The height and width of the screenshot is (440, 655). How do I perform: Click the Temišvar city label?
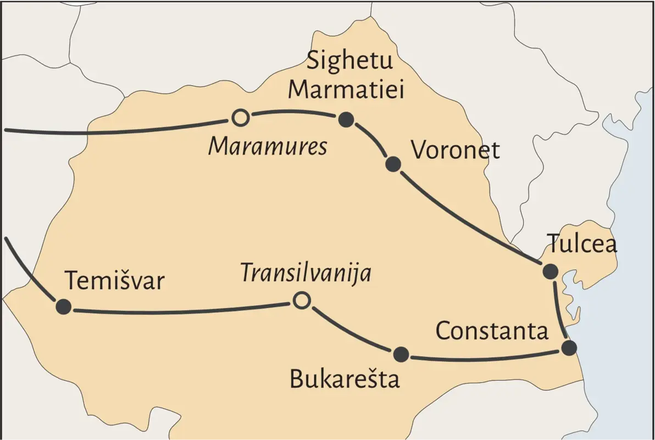(x=115, y=281)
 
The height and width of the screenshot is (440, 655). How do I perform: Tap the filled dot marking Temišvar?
(x=64, y=306)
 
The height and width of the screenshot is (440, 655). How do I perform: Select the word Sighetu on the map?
(x=349, y=60)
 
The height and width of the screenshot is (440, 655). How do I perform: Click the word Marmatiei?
(x=346, y=89)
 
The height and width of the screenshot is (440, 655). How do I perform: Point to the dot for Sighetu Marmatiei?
(x=346, y=120)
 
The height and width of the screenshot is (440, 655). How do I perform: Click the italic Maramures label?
(x=268, y=146)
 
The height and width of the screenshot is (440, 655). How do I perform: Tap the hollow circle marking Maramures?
(x=240, y=117)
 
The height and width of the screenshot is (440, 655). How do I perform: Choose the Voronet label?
(x=456, y=150)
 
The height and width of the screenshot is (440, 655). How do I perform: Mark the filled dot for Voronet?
(x=393, y=163)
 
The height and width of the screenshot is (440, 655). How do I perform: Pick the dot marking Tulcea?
(x=550, y=271)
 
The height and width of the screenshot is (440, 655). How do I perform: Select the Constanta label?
(x=492, y=331)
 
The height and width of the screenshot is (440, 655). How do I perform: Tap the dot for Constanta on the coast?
(x=569, y=348)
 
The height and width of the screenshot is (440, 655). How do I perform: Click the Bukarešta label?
(x=345, y=380)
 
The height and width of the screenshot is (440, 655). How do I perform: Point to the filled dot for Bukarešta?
(x=401, y=355)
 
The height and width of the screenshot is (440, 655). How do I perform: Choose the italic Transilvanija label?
(x=306, y=273)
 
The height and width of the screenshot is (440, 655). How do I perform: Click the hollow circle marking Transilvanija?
(x=301, y=300)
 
